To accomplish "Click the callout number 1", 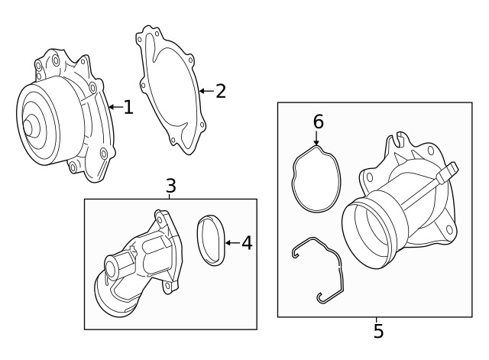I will [128, 108].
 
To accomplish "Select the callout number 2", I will [221, 92].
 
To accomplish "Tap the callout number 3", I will [170, 185].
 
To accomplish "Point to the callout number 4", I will [246, 244].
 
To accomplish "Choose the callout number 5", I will [378, 332].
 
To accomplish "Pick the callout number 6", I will [319, 122].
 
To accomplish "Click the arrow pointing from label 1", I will [114, 108].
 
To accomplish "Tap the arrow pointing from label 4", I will [232, 244].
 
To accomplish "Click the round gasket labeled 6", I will [316, 179].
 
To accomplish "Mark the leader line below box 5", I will [377, 319].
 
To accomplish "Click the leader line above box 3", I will [170, 196].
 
